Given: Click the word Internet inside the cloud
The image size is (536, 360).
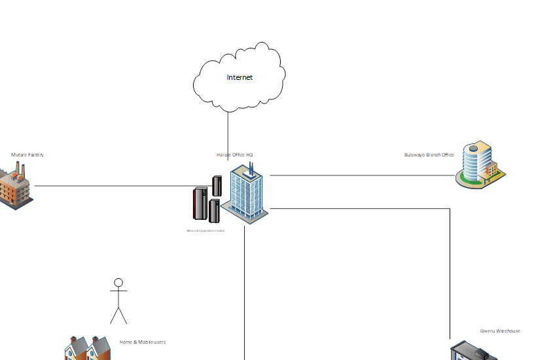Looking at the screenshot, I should click(240, 77).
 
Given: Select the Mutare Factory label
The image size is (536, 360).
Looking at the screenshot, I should click(27, 155).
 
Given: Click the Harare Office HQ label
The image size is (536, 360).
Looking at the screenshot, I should click(235, 155).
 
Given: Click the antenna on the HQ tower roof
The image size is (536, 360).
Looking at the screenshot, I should click(251, 168).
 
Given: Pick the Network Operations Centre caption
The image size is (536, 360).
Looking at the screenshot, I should click(205, 231).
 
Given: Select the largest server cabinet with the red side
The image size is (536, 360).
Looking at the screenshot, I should click(200, 204).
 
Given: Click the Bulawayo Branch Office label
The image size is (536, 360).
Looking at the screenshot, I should click(429, 155).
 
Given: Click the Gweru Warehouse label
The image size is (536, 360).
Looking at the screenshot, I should click(500, 331).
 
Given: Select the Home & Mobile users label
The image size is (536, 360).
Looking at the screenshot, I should click(143, 342).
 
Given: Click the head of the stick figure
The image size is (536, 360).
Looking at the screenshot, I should click(118, 283).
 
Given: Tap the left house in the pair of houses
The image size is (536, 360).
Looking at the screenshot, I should click(76, 349).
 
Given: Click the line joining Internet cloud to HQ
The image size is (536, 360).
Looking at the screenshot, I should click(228, 134).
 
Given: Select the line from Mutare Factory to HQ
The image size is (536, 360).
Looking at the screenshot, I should click(118, 186).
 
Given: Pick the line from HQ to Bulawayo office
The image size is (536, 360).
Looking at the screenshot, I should click(360, 175).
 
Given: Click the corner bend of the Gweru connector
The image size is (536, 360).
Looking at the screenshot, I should click(450, 209).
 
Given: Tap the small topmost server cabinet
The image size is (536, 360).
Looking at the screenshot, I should click(217, 185).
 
